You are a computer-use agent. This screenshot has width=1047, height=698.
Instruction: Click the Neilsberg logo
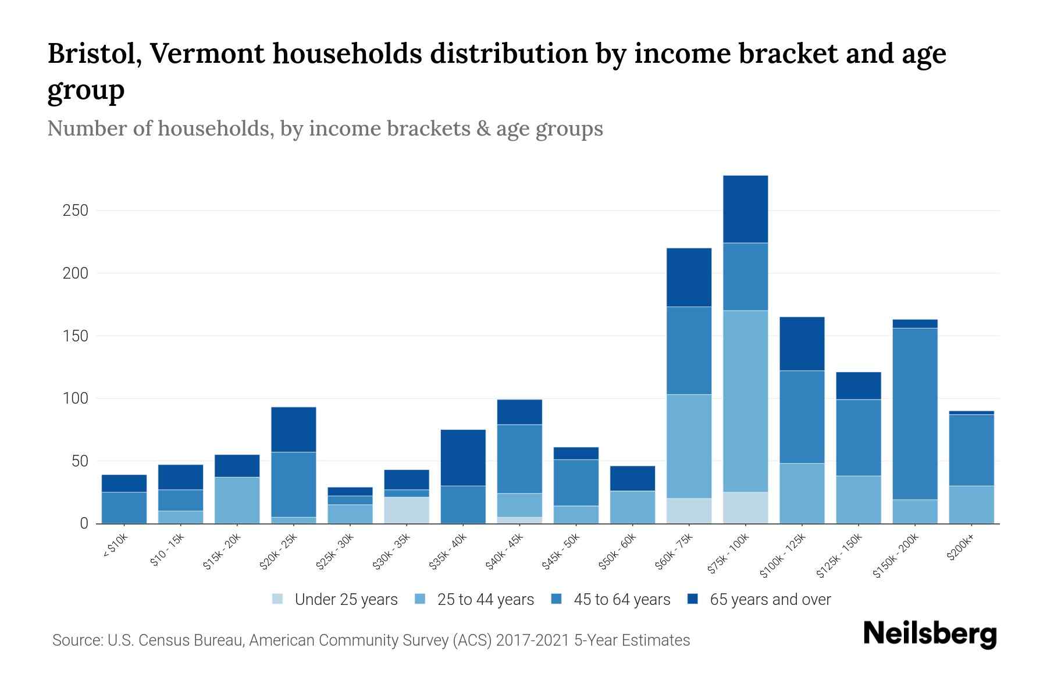tap(930, 633)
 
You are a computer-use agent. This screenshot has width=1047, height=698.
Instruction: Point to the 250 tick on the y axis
tap(75, 211)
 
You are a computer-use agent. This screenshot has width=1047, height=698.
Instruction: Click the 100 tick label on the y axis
tap(75, 399)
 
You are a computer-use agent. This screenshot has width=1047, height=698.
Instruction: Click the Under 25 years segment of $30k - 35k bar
tap(407, 510)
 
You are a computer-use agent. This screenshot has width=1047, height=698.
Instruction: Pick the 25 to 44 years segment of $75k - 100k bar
tap(745, 401)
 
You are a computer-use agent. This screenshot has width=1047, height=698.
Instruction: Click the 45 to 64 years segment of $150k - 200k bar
tap(915, 414)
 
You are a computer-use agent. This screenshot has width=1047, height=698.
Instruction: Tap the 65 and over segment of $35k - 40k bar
tap(463, 458)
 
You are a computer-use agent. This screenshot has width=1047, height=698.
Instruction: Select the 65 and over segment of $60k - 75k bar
tap(689, 277)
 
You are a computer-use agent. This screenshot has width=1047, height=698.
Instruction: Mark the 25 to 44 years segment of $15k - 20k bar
tap(237, 500)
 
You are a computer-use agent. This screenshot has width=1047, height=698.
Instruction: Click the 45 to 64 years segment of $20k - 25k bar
tap(293, 485)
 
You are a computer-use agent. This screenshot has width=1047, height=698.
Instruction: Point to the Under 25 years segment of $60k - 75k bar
tap(689, 511)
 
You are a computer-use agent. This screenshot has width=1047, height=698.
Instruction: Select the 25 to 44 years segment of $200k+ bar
tap(971, 504)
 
